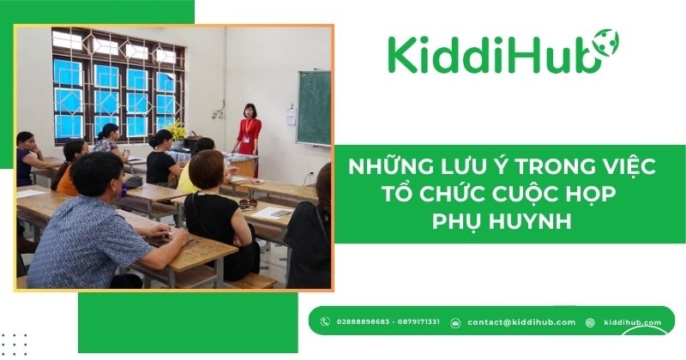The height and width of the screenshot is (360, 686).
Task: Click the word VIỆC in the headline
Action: click(626, 167)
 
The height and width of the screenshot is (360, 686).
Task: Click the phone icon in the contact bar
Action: click(325, 322)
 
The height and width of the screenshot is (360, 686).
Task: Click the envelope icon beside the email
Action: click(455, 322)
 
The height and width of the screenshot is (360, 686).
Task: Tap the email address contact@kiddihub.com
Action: click(521, 322)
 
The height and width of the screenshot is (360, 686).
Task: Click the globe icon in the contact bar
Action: click(590, 322)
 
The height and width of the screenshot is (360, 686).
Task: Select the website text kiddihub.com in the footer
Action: click(633, 322)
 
